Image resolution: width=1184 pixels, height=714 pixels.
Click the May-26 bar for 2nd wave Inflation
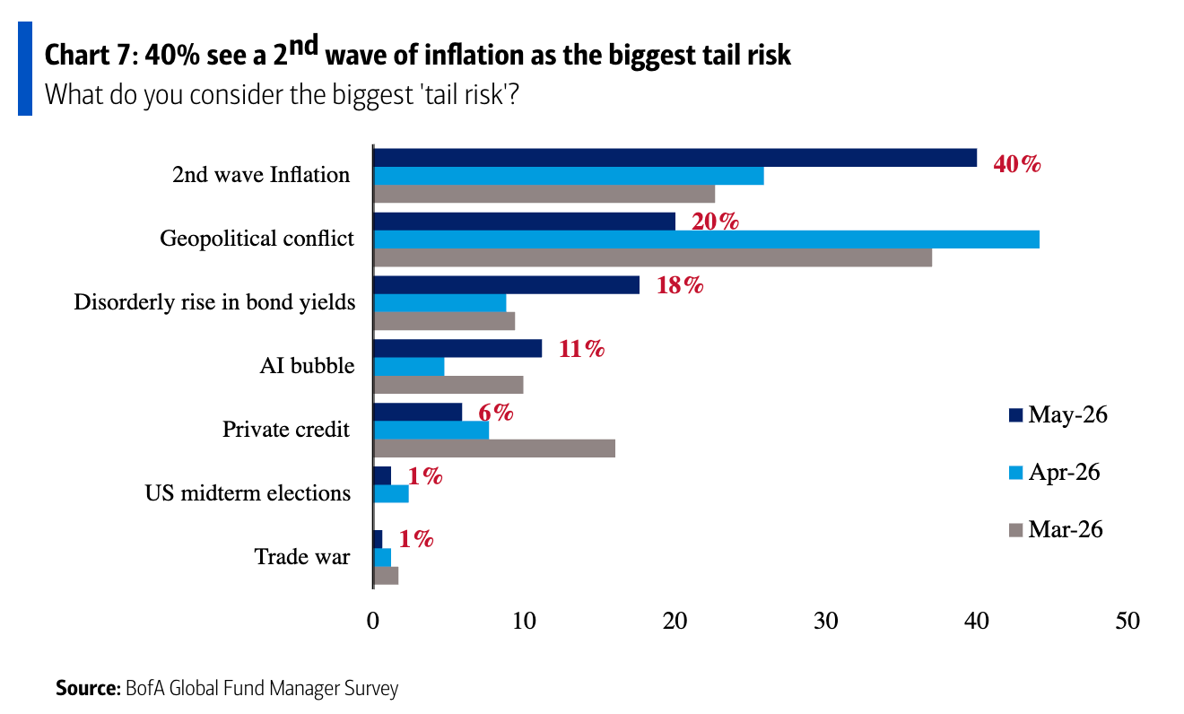coord(675,158)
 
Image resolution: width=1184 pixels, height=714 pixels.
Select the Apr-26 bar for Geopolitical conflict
coord(706,239)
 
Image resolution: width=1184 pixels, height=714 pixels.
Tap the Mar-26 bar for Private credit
coord(494,448)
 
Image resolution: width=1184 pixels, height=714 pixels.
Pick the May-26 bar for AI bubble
coord(457,348)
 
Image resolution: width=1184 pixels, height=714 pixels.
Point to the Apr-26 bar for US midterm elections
coord(391,493)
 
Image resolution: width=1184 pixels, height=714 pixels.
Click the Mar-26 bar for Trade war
coord(386,576)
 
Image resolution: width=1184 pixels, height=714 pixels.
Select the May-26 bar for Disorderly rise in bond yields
coord(507,285)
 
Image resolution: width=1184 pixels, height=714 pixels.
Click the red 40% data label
coord(1017,164)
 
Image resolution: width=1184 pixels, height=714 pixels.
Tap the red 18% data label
coord(680,285)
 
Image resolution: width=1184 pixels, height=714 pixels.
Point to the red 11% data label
coord(581,349)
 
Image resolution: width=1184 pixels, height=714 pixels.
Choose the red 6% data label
coord(496,413)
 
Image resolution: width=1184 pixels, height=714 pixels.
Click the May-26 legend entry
coord(1058,414)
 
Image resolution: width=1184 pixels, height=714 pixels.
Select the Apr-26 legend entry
coord(1055,472)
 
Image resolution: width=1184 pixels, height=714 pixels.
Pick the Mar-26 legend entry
coord(1056,529)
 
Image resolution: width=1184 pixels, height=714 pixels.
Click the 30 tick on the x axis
coord(825,621)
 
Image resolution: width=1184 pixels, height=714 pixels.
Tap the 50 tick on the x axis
coord(1127,621)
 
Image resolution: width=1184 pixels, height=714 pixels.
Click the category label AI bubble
coord(307,365)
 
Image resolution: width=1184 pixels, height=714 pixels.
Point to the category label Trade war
coord(302,556)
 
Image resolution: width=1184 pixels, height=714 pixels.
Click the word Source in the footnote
coord(88,688)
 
